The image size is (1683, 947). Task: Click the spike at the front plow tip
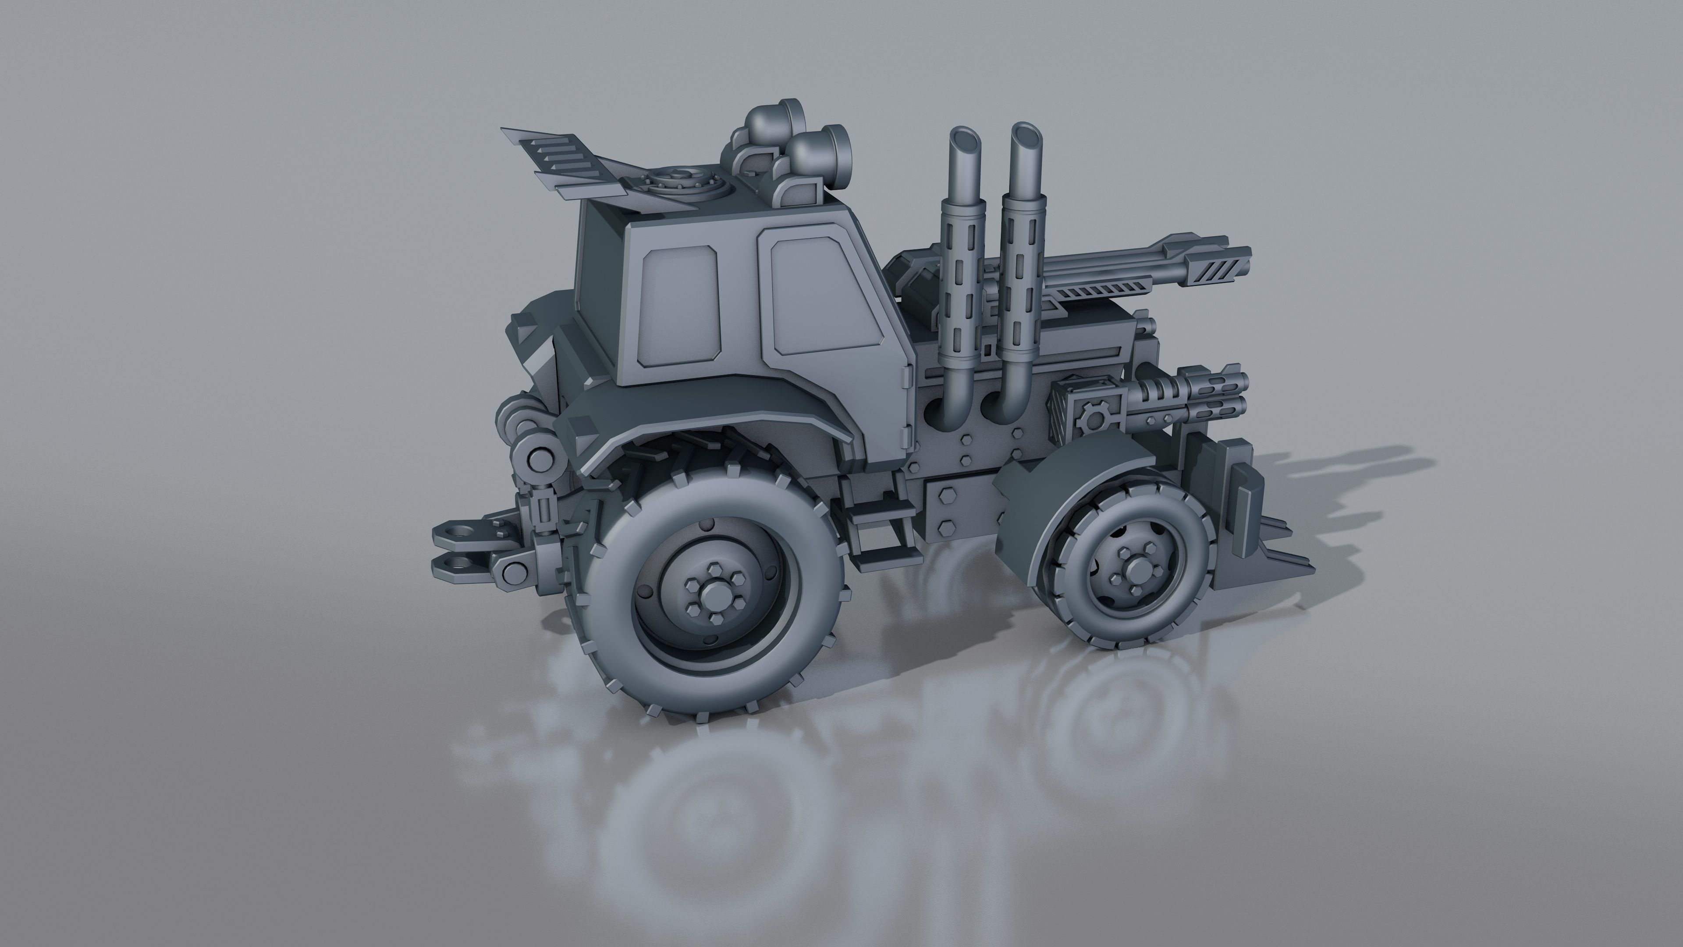point(1297,561)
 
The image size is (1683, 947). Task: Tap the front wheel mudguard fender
point(1052,497)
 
